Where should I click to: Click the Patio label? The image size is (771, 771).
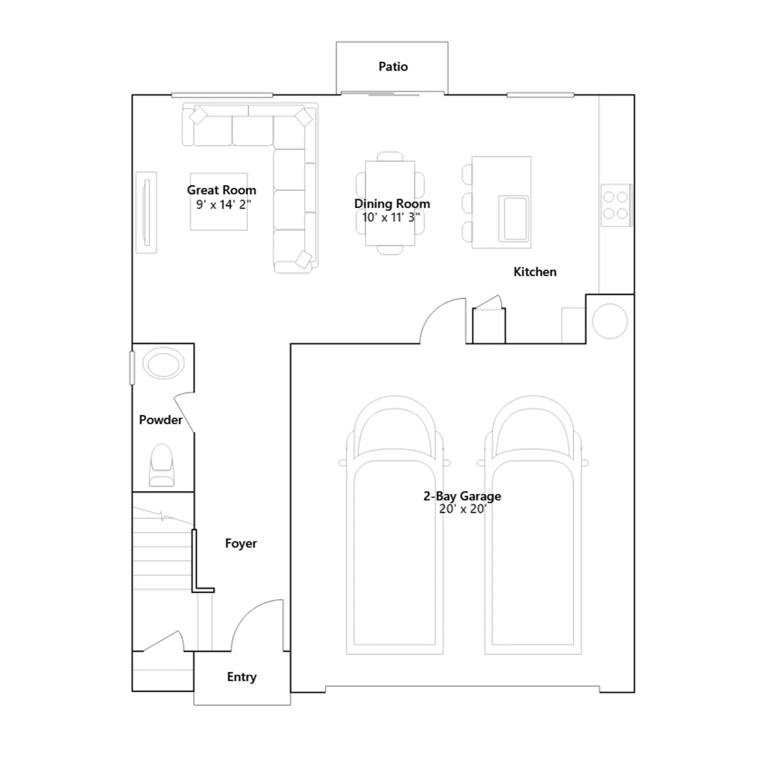[x=393, y=66]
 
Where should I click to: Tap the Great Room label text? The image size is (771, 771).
[x=222, y=190]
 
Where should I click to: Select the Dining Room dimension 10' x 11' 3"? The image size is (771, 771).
[x=391, y=217]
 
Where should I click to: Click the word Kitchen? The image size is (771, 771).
[x=535, y=272]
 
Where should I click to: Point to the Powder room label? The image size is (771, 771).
[x=160, y=420]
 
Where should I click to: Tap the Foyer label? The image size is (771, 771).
[x=241, y=544]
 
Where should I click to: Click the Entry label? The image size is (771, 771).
[x=241, y=677]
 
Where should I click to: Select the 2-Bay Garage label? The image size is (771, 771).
[x=462, y=496]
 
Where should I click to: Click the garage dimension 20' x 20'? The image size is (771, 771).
[x=463, y=509]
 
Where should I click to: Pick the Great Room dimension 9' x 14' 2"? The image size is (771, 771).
[x=223, y=204]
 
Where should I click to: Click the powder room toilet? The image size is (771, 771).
[x=162, y=465]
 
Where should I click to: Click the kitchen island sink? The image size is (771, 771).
[x=514, y=218]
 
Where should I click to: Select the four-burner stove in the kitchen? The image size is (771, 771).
[x=616, y=205]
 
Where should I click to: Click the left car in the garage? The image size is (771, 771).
[x=395, y=525]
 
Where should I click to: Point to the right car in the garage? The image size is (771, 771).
[x=533, y=525]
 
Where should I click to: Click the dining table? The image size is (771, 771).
[x=390, y=203]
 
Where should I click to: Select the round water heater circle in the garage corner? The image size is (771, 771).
[x=610, y=321]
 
